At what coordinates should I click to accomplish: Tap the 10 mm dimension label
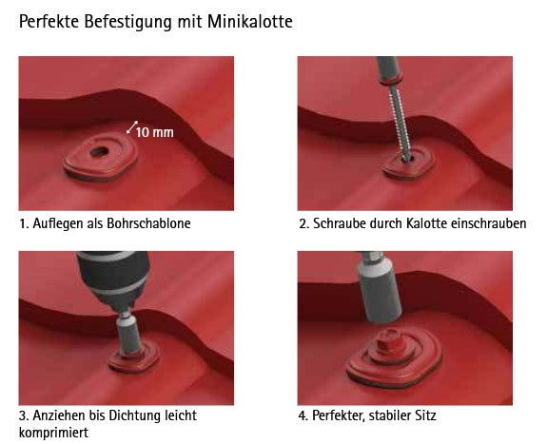tap(154, 132)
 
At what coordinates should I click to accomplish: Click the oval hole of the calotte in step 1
tap(99, 152)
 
